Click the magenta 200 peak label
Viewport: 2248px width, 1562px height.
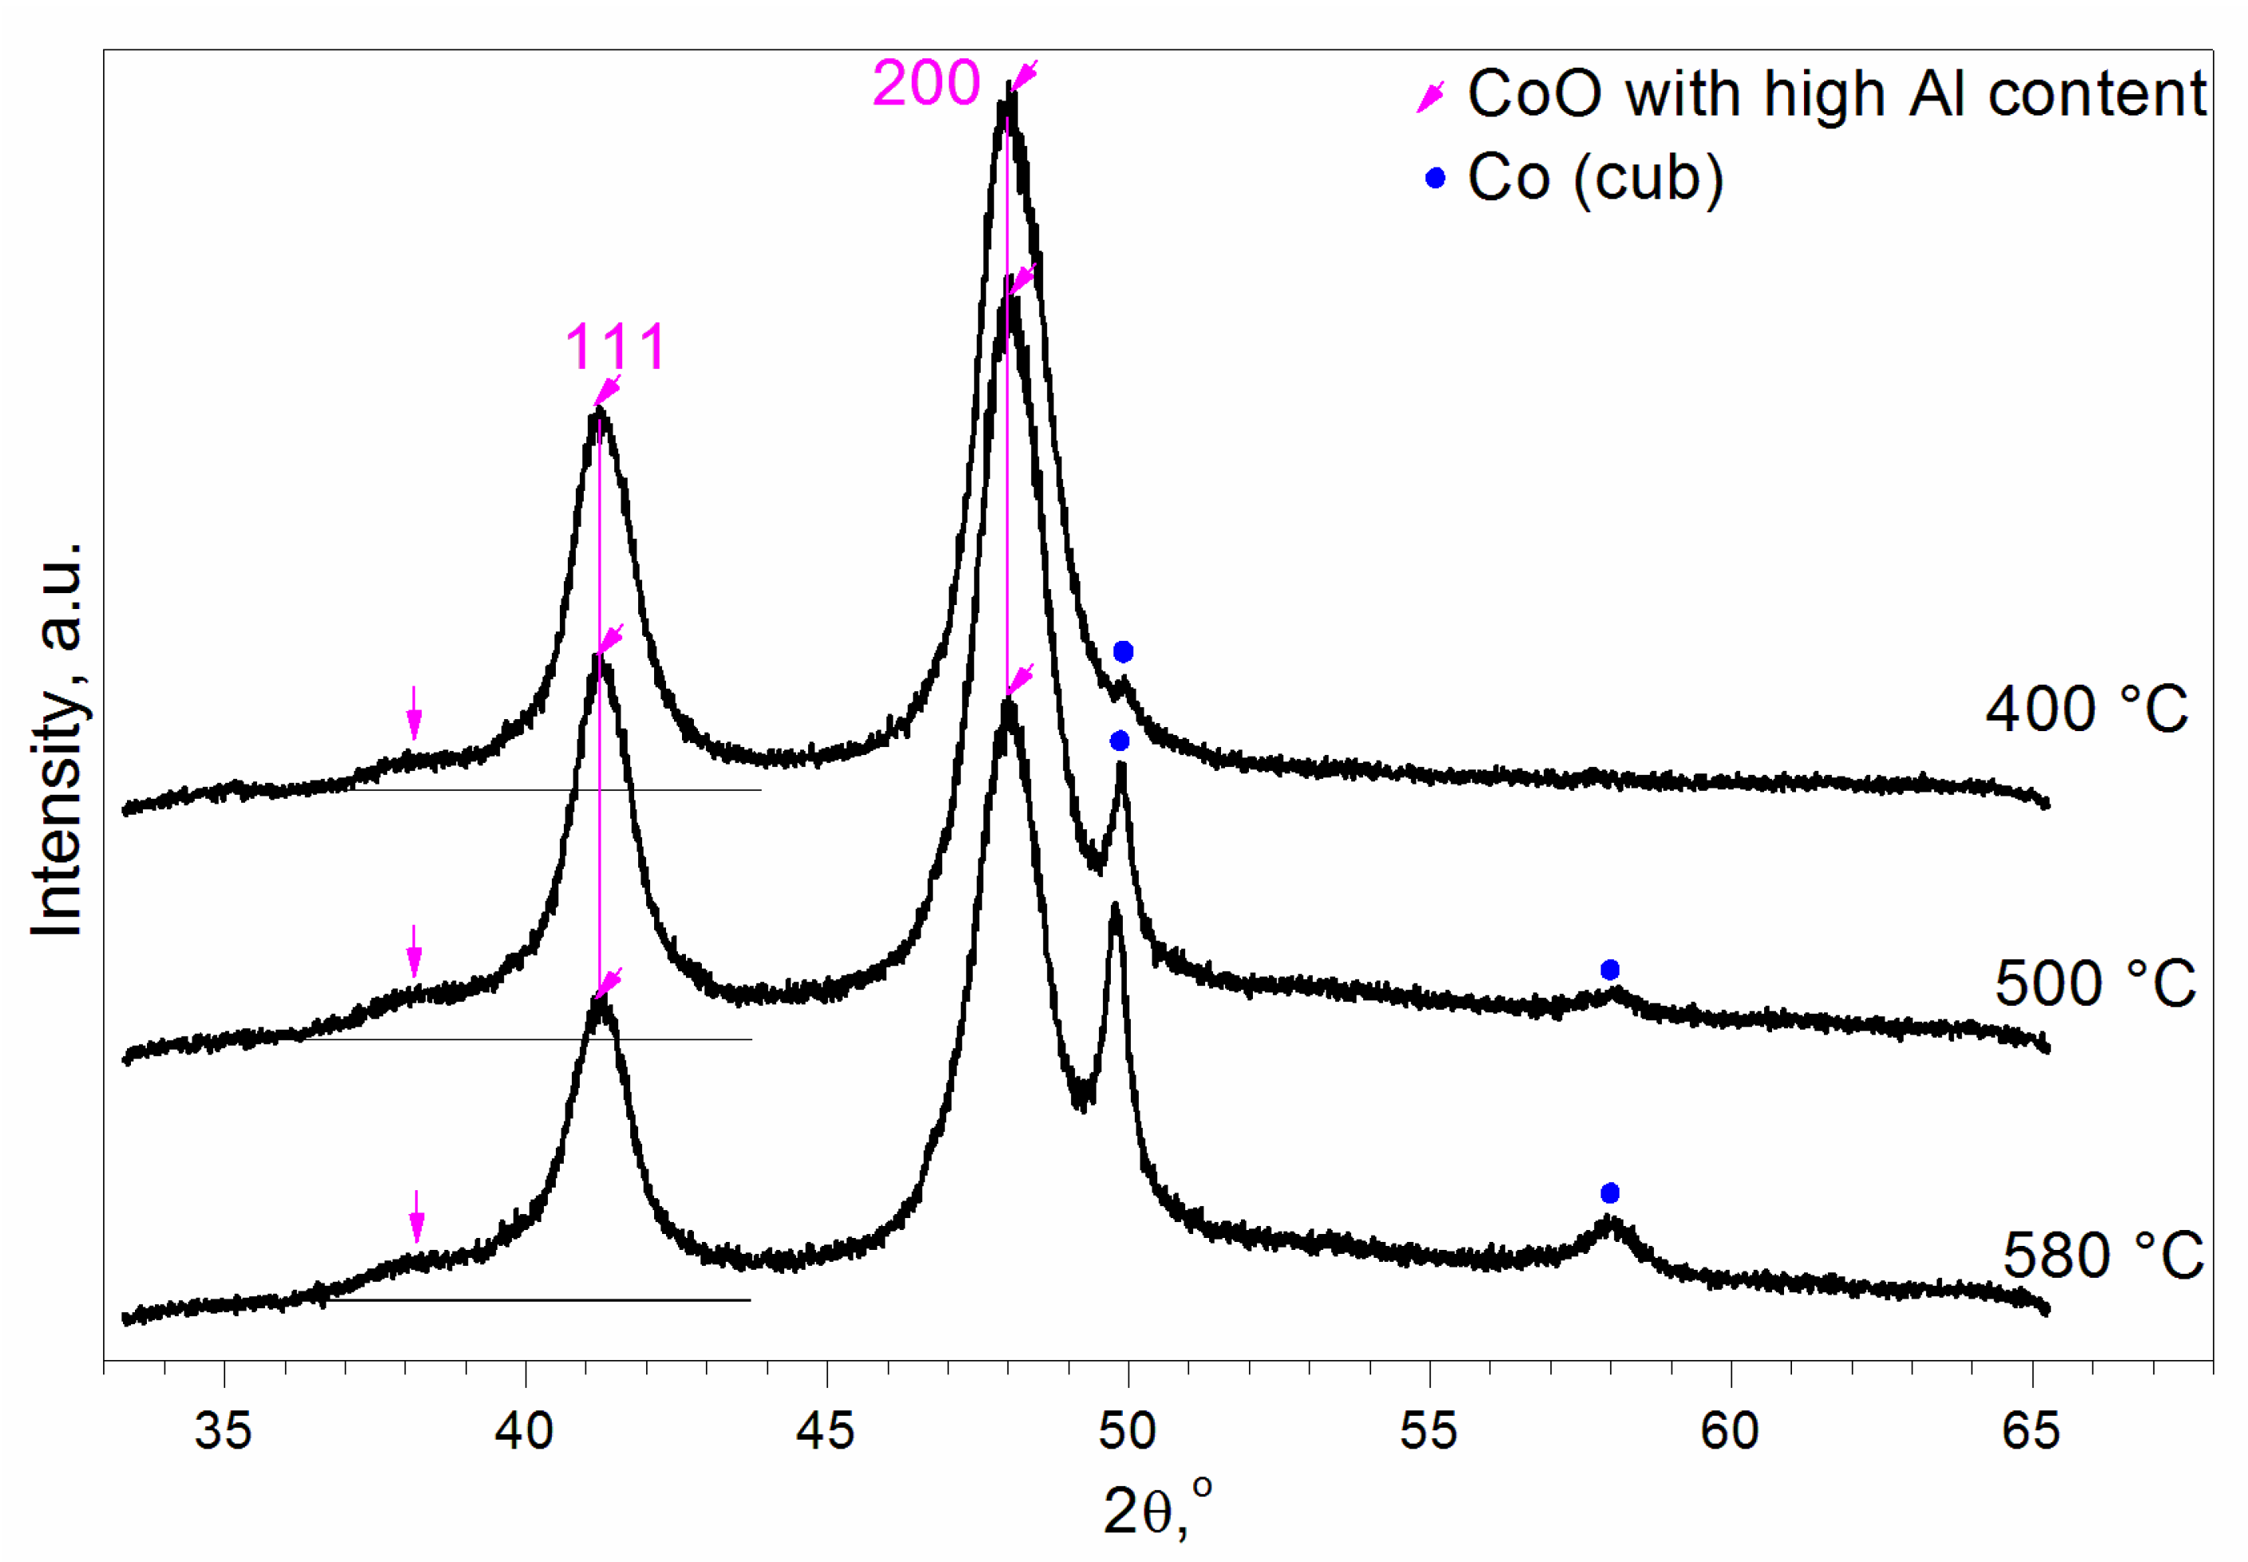click(x=926, y=83)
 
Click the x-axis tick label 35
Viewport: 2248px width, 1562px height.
click(x=224, y=1431)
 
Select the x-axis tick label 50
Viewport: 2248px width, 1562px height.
click(x=1127, y=1431)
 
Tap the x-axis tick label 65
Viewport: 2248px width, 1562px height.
click(x=2031, y=1431)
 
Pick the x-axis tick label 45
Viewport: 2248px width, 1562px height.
click(x=826, y=1431)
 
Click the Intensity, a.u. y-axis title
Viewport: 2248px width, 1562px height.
click(x=57, y=739)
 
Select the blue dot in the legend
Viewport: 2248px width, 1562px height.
click(x=1435, y=178)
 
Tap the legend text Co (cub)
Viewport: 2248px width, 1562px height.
click(x=1595, y=179)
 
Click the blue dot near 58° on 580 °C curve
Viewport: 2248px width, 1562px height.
click(x=1610, y=1193)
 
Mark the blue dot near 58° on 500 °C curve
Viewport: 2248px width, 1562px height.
click(x=1610, y=970)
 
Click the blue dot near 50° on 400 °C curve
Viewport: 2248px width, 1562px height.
click(x=1123, y=652)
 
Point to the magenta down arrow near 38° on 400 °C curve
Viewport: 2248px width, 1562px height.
click(x=414, y=713)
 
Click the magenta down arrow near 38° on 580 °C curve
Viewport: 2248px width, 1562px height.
click(x=417, y=1216)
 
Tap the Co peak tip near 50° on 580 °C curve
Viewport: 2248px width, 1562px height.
click(x=1114, y=908)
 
